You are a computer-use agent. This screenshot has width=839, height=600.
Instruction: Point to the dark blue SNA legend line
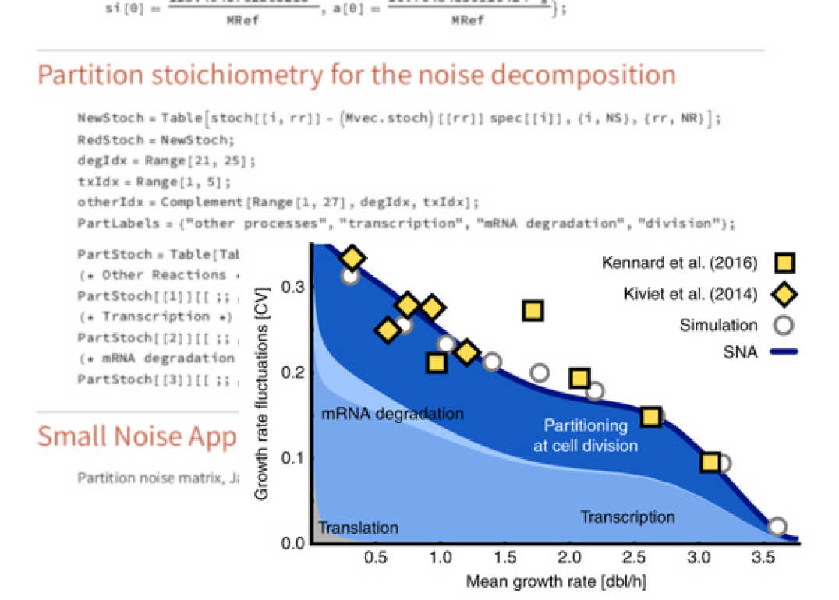[784, 352]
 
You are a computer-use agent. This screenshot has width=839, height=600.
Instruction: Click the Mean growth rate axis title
[556, 581]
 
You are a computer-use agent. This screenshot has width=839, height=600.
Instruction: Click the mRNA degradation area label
[392, 414]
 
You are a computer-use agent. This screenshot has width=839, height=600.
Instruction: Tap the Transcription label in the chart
[627, 517]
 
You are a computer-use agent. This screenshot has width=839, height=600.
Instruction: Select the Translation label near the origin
[358, 528]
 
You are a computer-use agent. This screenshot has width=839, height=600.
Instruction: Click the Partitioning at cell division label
[586, 436]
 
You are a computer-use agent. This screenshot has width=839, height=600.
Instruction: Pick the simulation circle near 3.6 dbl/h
[777, 527]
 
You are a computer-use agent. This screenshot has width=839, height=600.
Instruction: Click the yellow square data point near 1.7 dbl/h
[533, 311]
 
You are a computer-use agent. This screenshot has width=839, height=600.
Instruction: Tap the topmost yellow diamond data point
[352, 258]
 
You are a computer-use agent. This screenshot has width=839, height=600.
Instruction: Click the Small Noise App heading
[136, 437]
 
